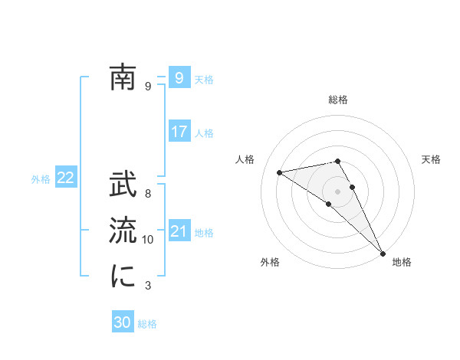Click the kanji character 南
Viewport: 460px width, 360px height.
[x=123, y=77]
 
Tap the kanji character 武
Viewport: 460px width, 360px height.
[x=123, y=185]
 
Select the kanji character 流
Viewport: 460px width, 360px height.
[x=123, y=231]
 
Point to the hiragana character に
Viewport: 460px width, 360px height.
[x=123, y=277]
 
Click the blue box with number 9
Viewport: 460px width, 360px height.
[x=179, y=77]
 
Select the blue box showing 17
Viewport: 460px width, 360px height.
[x=179, y=132]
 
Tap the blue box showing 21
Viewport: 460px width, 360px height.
[x=179, y=231]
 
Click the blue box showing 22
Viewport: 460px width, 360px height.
[x=65, y=178]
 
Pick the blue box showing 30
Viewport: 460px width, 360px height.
[x=123, y=322]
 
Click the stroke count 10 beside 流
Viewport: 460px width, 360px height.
[x=148, y=240]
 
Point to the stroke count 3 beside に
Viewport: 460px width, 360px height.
[x=148, y=286]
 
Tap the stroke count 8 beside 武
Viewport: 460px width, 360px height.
[x=148, y=194]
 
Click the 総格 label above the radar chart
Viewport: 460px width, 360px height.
[x=338, y=100]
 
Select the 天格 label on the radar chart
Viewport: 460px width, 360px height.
[x=432, y=159]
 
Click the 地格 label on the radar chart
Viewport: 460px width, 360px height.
[x=402, y=263]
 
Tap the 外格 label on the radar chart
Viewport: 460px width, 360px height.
[x=270, y=263]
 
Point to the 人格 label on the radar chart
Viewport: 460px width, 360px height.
[x=245, y=159]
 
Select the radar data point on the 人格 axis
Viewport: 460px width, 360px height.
[x=280, y=172]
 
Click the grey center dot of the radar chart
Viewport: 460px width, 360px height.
[x=338, y=191]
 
